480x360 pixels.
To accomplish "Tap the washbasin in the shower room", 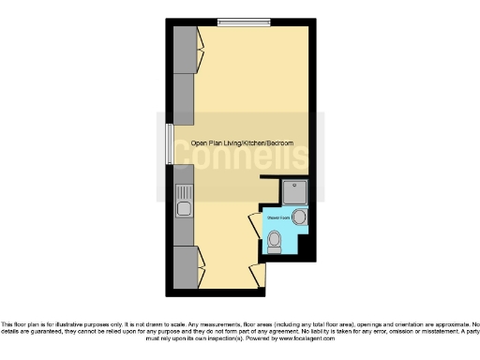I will [x=300, y=217].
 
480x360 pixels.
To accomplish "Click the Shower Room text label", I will [x=278, y=217].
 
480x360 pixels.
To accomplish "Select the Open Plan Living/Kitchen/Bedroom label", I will [x=242, y=142].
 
